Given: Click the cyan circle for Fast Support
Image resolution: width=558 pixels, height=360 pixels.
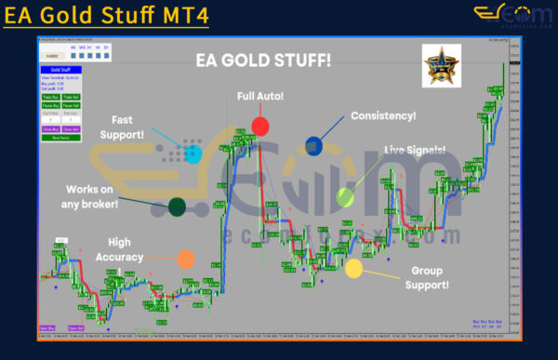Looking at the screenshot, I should point(193,153).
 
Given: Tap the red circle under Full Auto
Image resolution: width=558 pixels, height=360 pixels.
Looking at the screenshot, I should point(259,127).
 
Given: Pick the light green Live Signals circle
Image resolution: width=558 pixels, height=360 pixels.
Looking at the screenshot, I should point(345,196).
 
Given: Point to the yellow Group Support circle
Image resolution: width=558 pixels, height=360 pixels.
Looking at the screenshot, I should point(353,270).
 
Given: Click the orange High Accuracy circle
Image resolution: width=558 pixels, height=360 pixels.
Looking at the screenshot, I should point(186,260).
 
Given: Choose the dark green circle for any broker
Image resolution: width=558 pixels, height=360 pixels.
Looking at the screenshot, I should point(176,207).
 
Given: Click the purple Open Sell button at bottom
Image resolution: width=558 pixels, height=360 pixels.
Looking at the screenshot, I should point(74,328).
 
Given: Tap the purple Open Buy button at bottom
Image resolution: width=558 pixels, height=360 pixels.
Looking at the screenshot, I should point(47,328).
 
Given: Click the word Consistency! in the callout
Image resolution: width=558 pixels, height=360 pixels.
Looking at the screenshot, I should point(383,116).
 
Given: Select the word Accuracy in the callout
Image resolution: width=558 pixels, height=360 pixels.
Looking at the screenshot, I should point(125,257).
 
